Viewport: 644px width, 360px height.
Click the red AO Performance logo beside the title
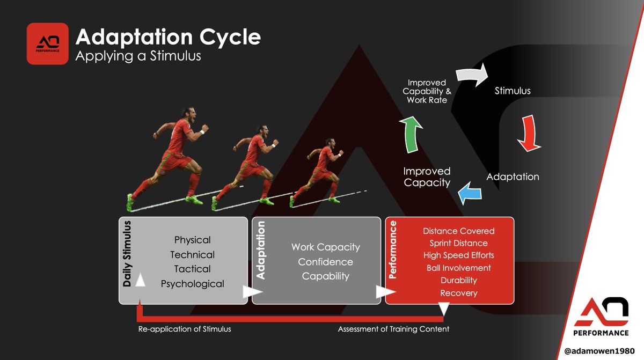[48, 43]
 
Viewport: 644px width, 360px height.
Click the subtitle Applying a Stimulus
[138, 56]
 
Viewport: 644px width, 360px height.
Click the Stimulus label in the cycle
[512, 91]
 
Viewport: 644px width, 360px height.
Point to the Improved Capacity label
[427, 177]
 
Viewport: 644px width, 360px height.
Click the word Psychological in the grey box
[192, 284]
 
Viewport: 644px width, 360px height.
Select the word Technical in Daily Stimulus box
[192, 255]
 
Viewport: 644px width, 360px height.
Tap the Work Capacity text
[325, 247]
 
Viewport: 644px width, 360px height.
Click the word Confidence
[325, 262]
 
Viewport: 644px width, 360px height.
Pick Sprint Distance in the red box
[458, 243]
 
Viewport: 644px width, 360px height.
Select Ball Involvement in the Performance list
[458, 268]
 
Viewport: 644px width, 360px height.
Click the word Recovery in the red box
[458, 293]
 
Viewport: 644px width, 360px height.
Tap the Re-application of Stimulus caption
[185, 329]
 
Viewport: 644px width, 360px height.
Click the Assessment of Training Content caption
[393, 329]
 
